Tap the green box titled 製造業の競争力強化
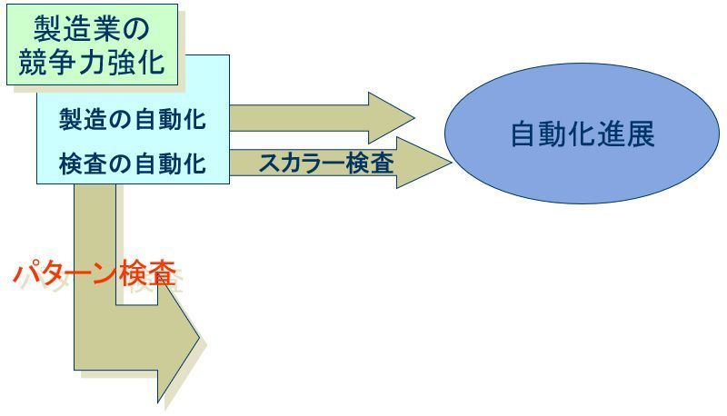[92, 45]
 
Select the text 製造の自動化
[132, 118]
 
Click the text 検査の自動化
[132, 164]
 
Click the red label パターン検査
[95, 273]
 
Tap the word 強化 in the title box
[142, 62]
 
